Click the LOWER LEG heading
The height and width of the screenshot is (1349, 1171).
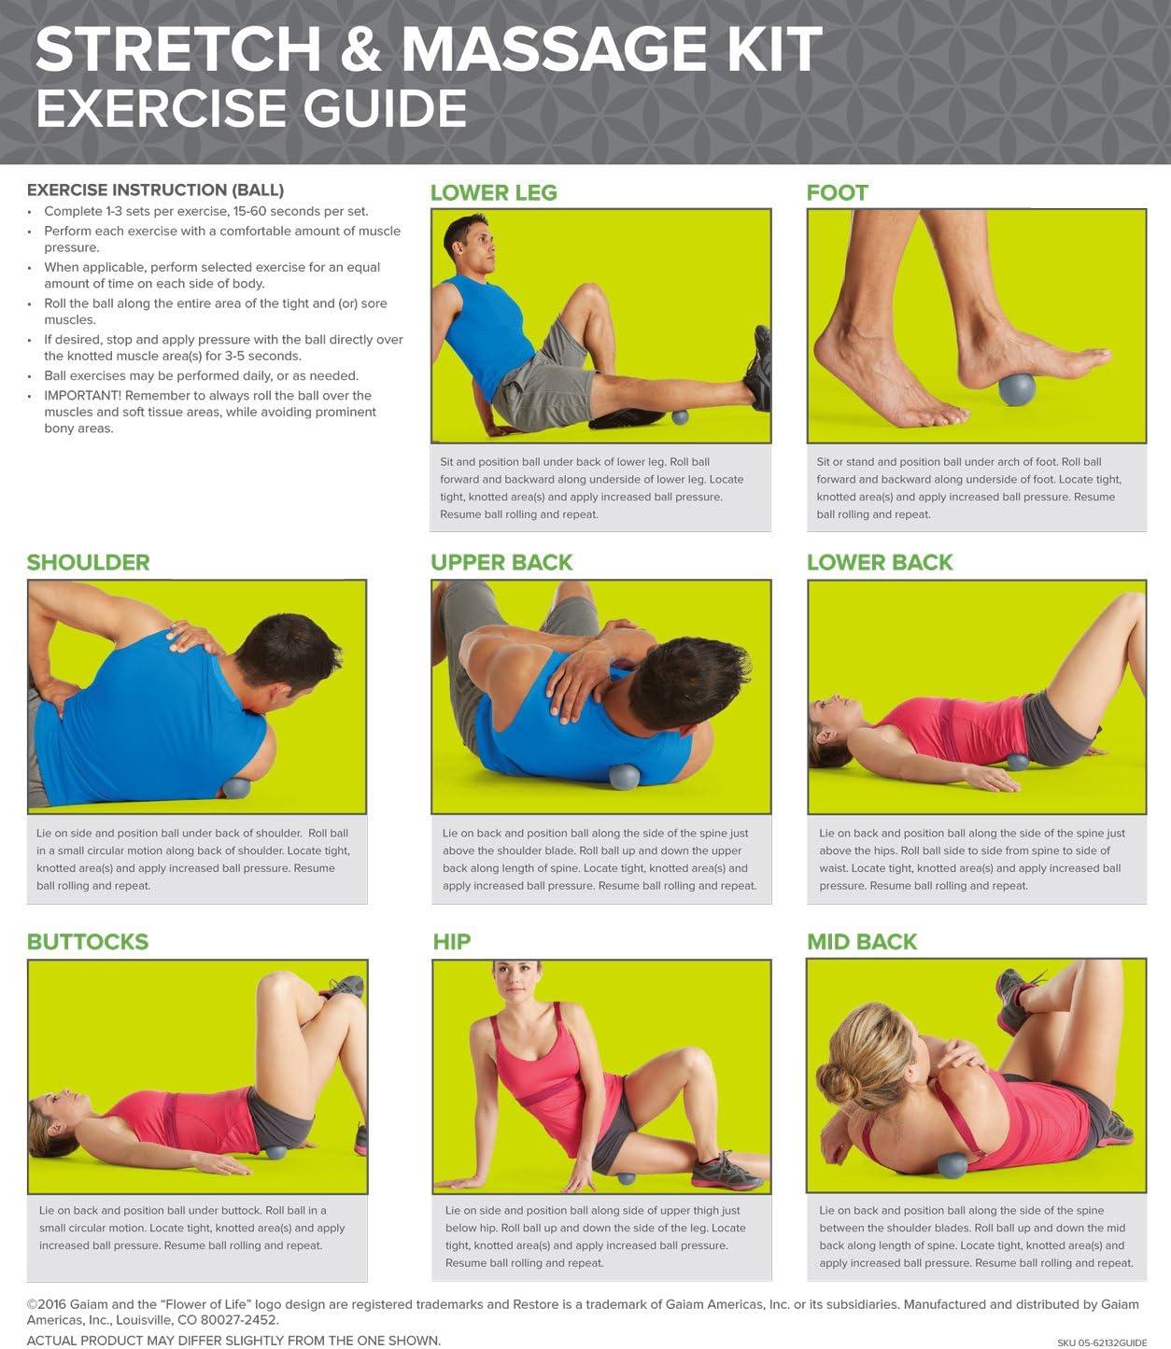493,193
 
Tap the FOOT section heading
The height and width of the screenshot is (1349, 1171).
837,193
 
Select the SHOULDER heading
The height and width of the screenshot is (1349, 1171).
88,563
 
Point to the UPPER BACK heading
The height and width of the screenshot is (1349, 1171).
501,563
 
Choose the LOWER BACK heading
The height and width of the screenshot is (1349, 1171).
879,563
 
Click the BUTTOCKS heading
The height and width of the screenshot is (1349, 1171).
87,942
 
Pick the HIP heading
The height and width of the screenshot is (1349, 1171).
451,942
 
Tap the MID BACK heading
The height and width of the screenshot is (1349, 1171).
861,942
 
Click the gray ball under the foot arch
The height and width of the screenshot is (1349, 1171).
1016,388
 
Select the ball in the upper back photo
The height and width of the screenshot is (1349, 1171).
623,776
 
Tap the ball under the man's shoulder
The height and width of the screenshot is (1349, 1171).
236,787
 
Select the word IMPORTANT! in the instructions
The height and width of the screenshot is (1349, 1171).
82,396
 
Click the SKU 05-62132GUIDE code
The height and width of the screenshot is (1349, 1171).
1101,1342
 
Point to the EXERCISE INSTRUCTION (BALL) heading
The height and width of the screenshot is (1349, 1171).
155,190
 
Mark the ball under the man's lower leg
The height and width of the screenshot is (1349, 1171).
680,416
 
